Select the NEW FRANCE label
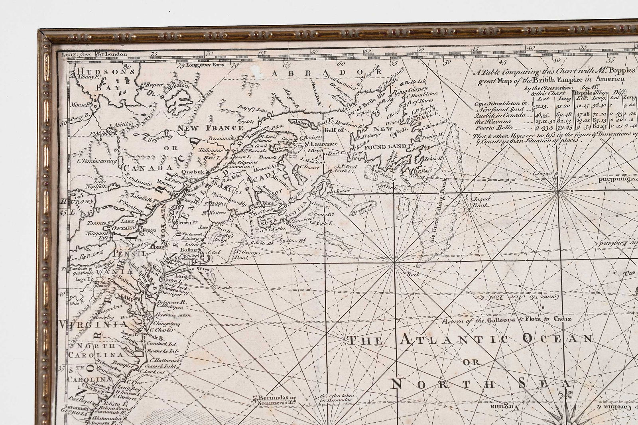(x=211, y=128)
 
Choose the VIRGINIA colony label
(x=93, y=325)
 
